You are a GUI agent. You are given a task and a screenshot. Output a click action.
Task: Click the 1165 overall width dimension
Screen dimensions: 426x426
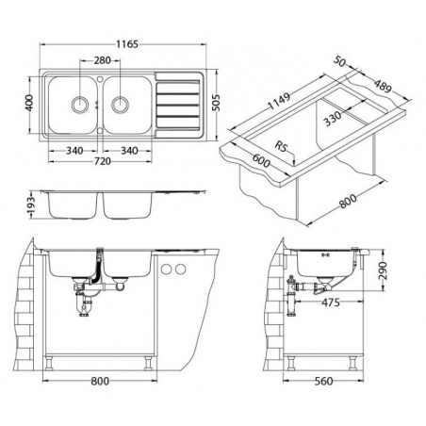click(x=127, y=44)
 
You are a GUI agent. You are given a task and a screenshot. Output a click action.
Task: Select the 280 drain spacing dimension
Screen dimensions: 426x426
click(x=103, y=60)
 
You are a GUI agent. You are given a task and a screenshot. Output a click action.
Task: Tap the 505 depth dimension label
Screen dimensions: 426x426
click(x=216, y=103)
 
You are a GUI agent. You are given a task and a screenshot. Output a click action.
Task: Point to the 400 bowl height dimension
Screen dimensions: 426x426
click(x=29, y=103)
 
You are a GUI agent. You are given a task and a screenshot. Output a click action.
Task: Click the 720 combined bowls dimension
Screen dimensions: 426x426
click(x=103, y=161)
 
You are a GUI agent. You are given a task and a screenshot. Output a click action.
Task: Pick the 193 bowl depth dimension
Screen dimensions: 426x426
click(x=31, y=206)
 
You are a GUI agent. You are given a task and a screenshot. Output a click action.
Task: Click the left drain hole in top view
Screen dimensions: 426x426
click(x=80, y=104)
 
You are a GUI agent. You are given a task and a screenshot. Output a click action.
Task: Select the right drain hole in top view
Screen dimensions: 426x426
click(x=120, y=104)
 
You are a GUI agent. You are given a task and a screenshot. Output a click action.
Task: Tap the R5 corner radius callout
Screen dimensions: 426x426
click(x=281, y=146)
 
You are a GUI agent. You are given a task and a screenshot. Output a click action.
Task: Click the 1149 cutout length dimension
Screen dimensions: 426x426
click(x=279, y=101)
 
